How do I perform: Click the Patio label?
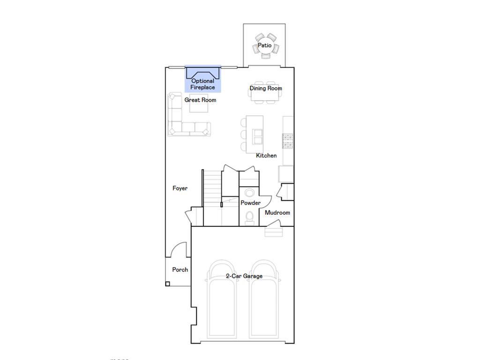[264, 46]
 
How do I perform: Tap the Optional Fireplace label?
[203, 84]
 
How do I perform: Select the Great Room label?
[200, 100]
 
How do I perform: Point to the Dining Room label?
[266, 88]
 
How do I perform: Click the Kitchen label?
[266, 156]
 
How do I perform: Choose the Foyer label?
[180, 188]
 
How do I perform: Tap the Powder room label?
[250, 203]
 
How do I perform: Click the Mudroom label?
[277, 213]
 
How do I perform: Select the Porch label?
[180, 270]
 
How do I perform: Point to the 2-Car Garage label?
[244, 276]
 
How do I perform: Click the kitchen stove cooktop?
[287, 141]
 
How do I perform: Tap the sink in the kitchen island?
[257, 136]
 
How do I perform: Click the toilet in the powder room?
[249, 217]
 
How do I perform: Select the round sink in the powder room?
[249, 193]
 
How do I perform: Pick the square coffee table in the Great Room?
[199, 106]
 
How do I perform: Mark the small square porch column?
[167, 284]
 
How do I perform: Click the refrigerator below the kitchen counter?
[286, 174]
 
